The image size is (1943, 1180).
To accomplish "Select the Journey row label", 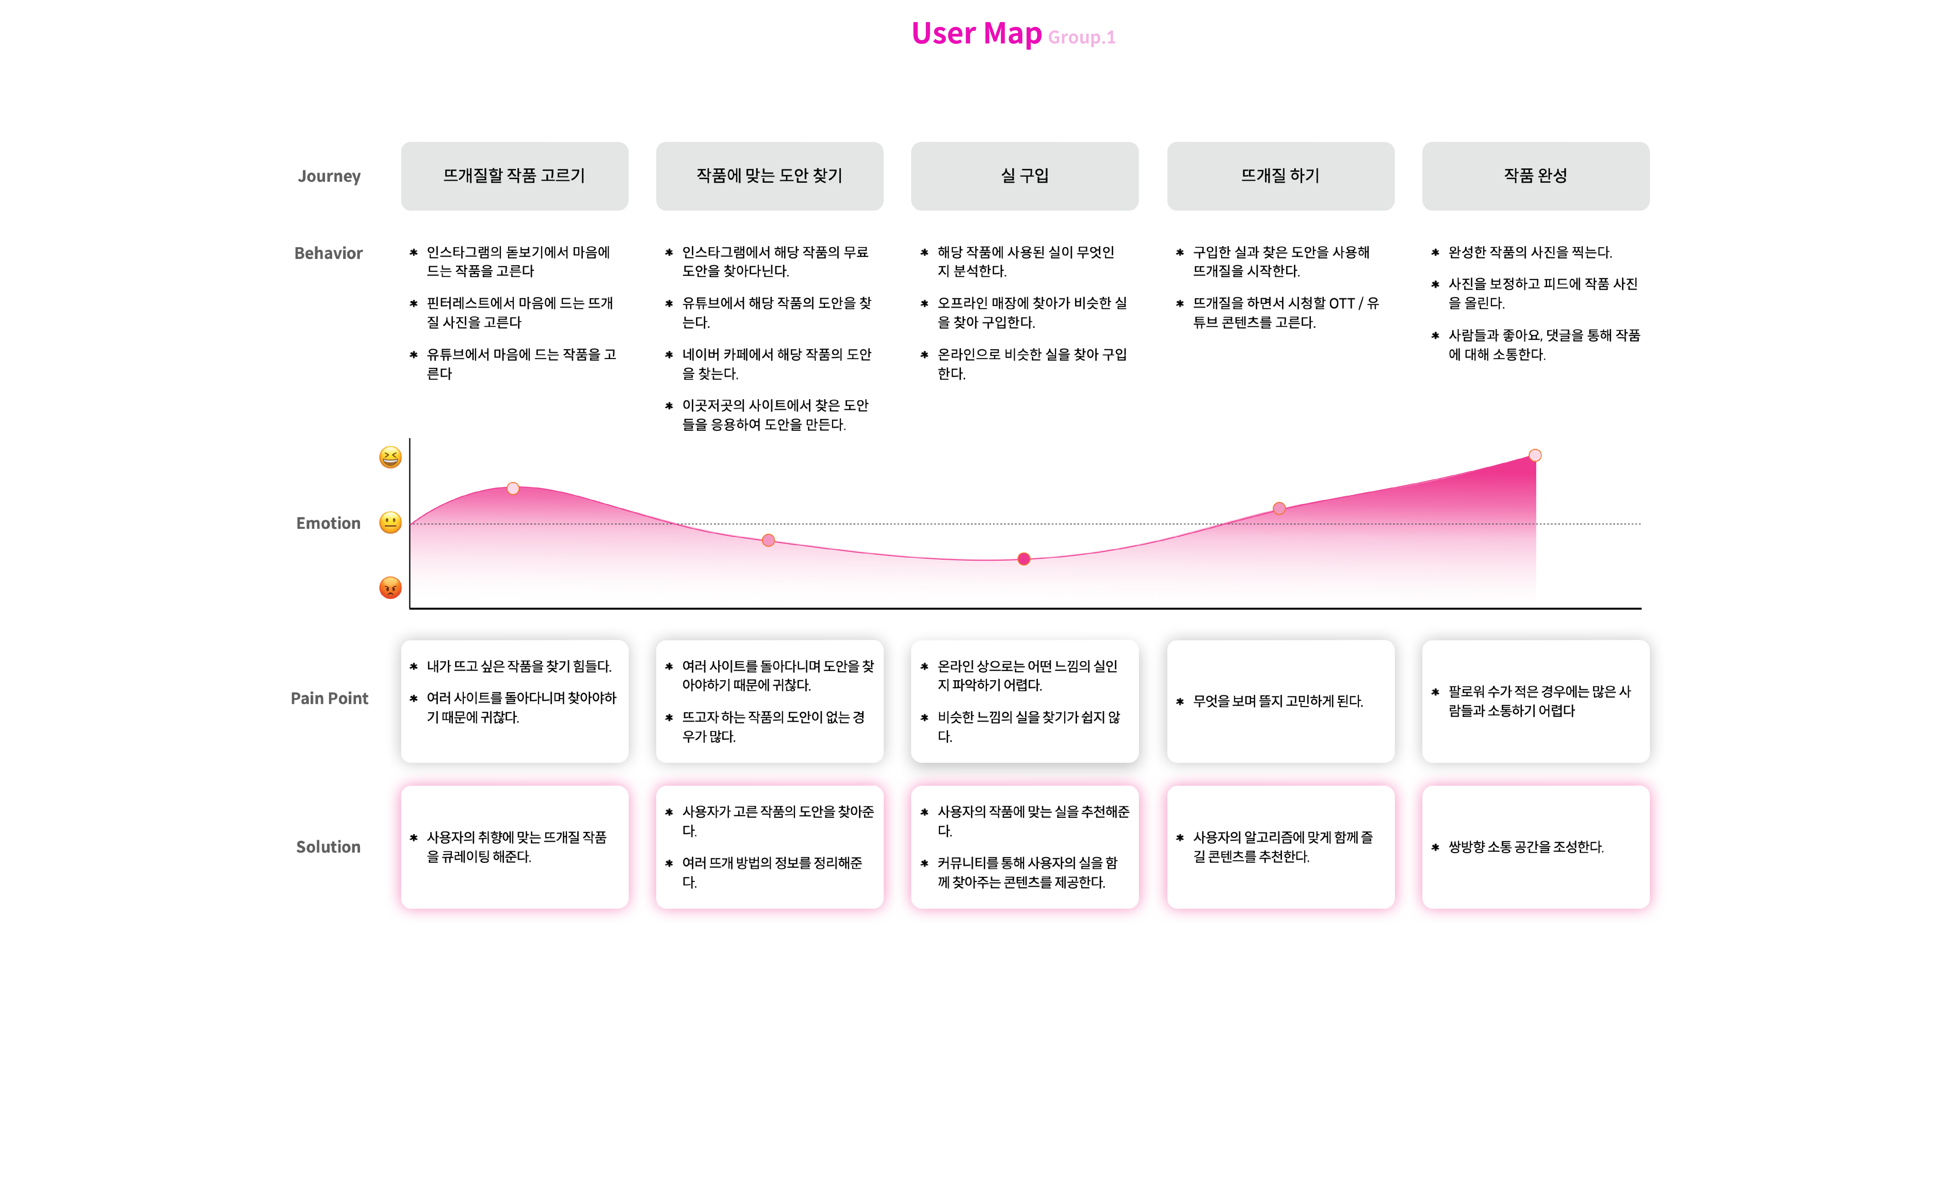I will [329, 176].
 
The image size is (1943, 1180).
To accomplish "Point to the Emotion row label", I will [328, 524].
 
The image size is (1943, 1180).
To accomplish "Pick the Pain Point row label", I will [329, 698].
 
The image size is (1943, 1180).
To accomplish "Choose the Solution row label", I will [328, 847].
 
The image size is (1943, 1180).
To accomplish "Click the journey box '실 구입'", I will [1024, 176].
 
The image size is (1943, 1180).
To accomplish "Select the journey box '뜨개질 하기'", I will [1280, 176].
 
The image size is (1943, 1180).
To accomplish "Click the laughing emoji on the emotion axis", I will [390, 457].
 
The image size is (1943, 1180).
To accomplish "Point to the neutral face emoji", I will [390, 523].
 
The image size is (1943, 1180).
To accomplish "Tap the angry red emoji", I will [390, 588].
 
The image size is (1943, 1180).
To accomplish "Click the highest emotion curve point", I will [1535, 456].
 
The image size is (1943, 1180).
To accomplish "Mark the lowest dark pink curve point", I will [1024, 559].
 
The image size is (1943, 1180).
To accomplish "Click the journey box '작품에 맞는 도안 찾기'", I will [769, 176].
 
